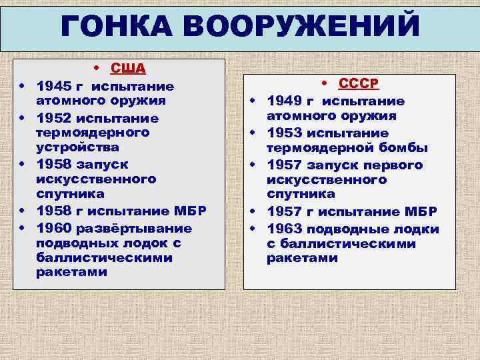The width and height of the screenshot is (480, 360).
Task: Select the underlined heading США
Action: pyautogui.click(x=129, y=68)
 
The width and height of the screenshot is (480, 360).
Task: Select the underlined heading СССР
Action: pyautogui.click(x=358, y=84)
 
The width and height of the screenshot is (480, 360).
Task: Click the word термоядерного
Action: pyautogui.click(x=93, y=133)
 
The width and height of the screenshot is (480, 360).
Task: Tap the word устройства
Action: pyautogui.click(x=79, y=147)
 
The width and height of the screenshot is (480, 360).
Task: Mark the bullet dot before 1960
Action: pyautogui.click(x=23, y=228)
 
